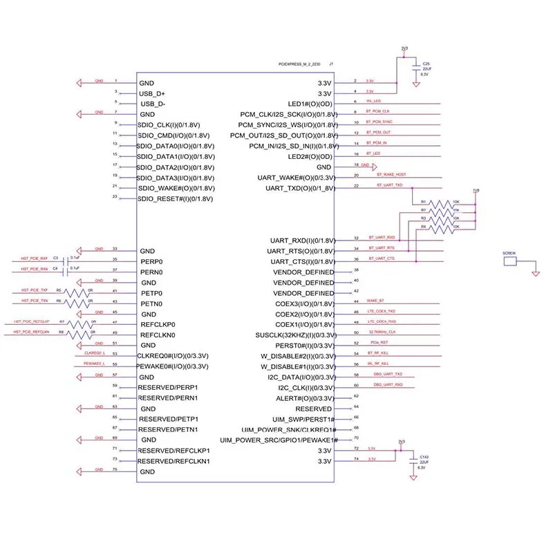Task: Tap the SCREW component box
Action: click(x=510, y=262)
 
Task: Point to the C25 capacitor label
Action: click(x=426, y=63)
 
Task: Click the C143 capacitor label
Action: click(x=424, y=456)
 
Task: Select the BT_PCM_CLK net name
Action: click(x=378, y=111)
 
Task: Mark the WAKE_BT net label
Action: click(x=376, y=301)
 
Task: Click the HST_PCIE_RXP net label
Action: click(x=35, y=258)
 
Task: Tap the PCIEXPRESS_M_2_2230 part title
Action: click(x=299, y=64)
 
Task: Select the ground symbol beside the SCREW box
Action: click(x=535, y=273)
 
